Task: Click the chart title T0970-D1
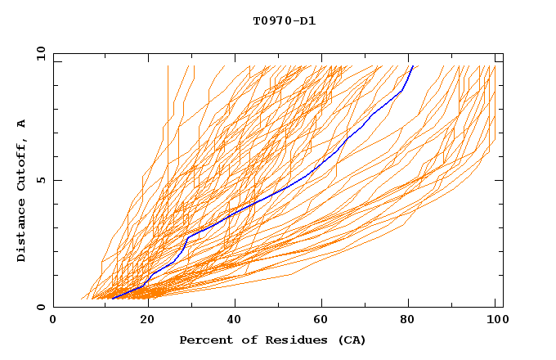(284, 21)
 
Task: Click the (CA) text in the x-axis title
(352, 340)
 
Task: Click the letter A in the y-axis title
(21, 124)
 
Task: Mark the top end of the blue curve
(413, 66)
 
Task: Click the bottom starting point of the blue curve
(112, 298)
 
